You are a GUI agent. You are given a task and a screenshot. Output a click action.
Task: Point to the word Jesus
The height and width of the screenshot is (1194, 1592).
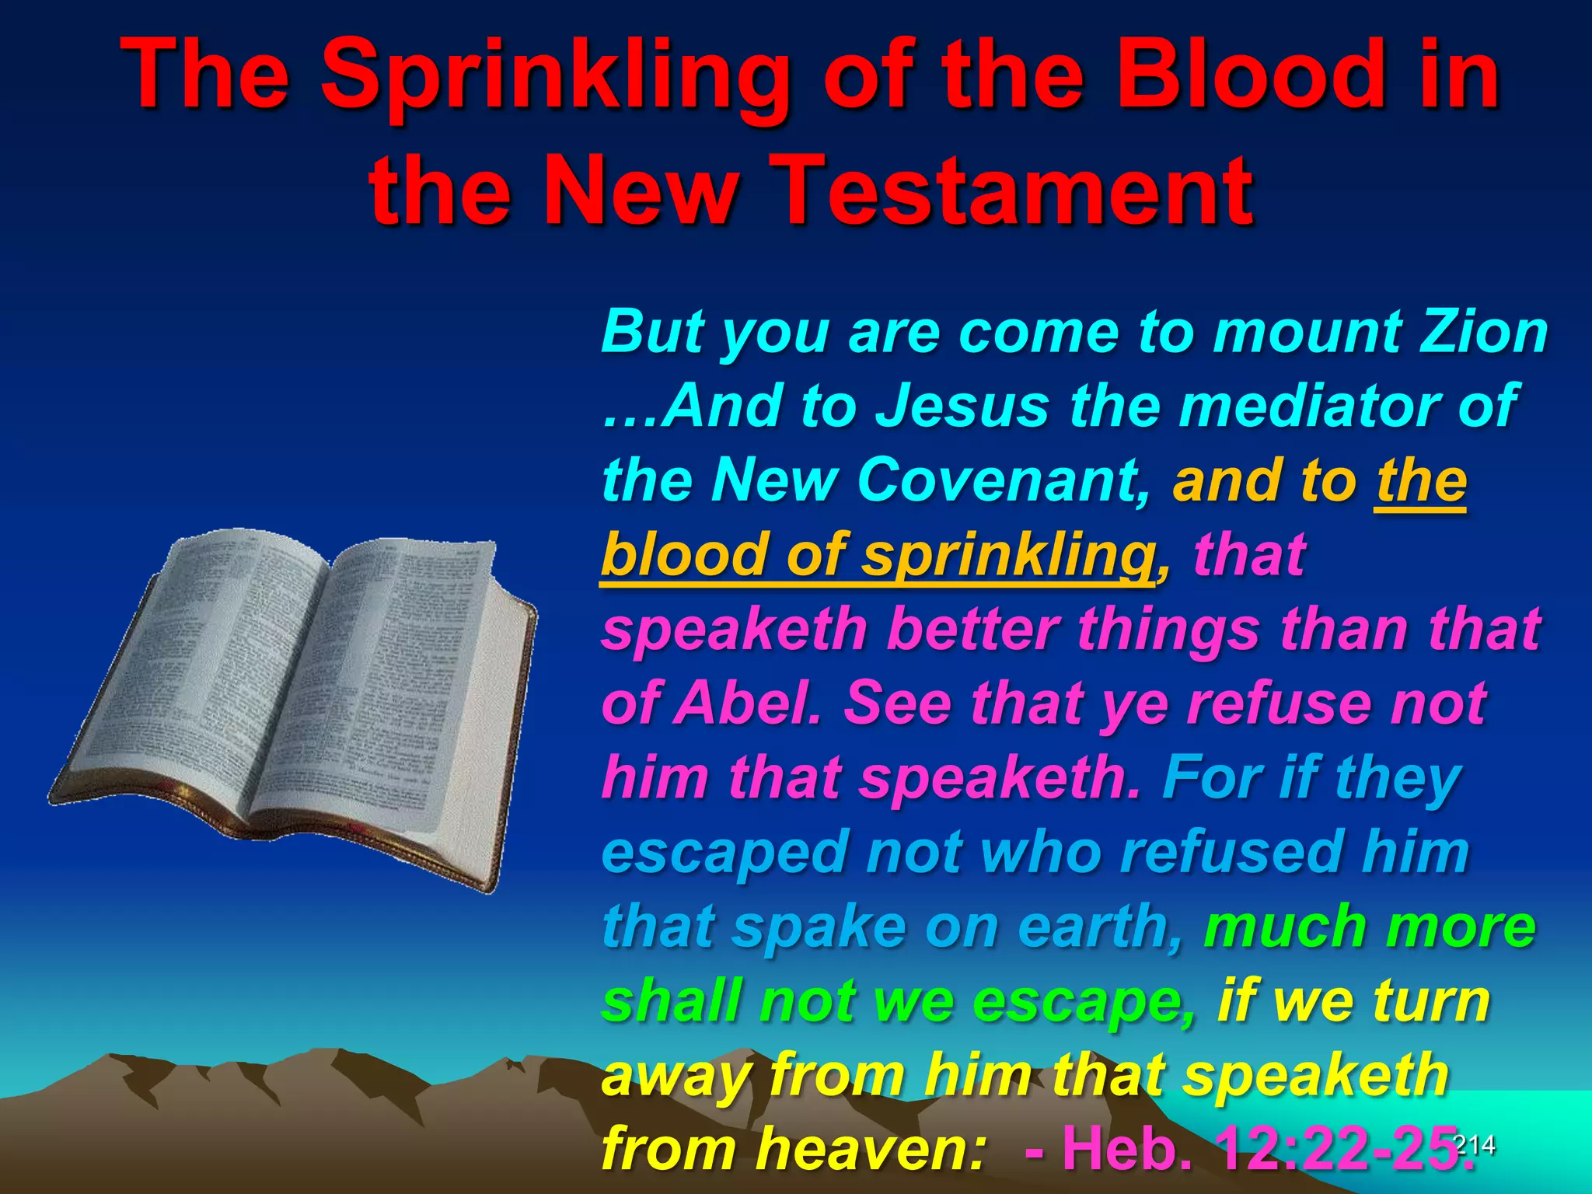(962, 406)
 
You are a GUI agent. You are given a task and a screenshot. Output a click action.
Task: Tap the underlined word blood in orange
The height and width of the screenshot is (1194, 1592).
(684, 554)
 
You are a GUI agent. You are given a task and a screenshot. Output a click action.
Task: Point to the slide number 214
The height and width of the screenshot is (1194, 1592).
(1473, 1143)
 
